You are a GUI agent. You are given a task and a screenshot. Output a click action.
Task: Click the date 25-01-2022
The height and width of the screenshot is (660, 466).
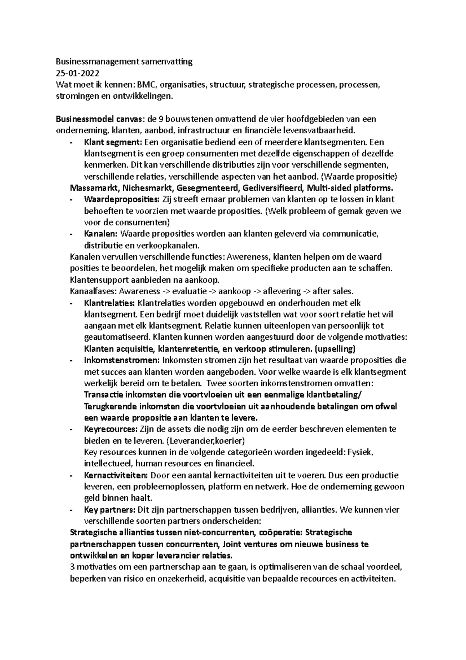tap(77, 73)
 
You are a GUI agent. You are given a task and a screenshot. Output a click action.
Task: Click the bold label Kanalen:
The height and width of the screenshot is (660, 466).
tap(101, 234)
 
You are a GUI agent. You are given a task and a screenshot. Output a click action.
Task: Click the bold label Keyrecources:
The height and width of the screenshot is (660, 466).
tap(111, 430)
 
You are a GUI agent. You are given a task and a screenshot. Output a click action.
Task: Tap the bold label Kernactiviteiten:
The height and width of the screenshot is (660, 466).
tap(116, 475)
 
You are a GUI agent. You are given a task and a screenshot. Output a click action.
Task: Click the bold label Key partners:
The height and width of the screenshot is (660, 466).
tap(110, 510)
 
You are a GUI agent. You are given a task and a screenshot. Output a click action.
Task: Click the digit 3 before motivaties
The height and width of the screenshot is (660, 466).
tap(72, 567)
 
